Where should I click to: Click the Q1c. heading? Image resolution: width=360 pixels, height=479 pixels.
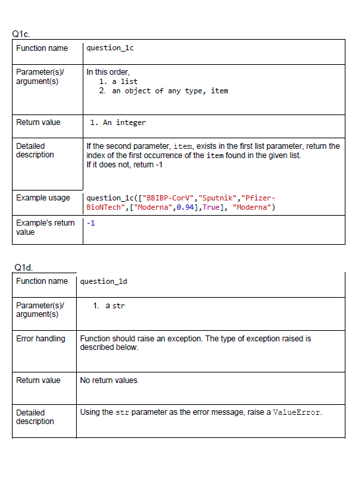coord(21,33)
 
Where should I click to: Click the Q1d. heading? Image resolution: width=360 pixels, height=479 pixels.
coord(24,267)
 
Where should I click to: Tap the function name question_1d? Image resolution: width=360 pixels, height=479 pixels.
coord(104,281)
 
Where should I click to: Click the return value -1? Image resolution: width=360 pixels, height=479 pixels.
coord(91,223)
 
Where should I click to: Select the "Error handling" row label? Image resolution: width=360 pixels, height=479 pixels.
coord(40,339)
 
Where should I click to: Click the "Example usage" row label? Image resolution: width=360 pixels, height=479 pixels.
coord(42,198)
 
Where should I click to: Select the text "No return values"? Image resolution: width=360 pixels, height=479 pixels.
coord(109,380)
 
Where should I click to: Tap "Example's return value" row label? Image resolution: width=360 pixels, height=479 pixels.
coord(44,227)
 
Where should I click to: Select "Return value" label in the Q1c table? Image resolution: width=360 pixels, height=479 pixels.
coord(38,122)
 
